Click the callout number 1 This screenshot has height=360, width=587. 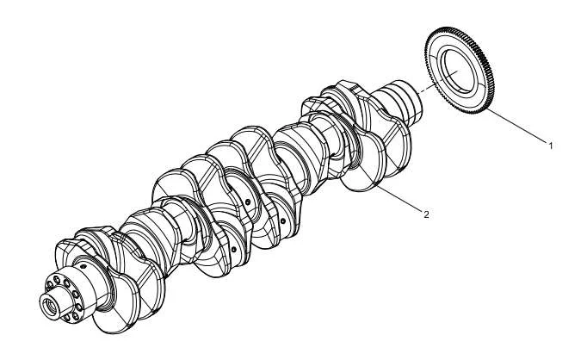pyautogui.click(x=550, y=146)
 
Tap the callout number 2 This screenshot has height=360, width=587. pyautogui.click(x=426, y=214)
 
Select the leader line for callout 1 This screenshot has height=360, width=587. pyautogui.click(x=516, y=126)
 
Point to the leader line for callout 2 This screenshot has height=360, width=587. pyautogui.click(x=399, y=198)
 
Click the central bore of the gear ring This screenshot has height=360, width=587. pyautogui.click(x=459, y=71)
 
